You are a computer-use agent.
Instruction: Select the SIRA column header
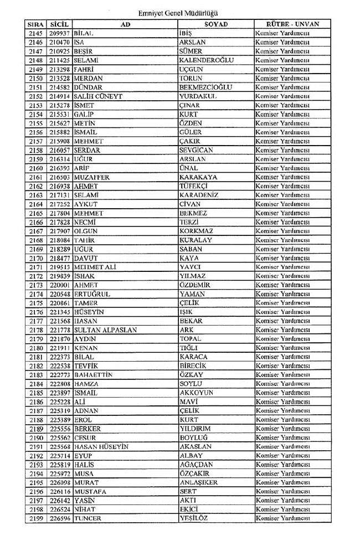click(x=35, y=24)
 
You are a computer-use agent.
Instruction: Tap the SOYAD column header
click(x=216, y=24)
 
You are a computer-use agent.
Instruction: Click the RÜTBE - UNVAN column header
click(x=292, y=24)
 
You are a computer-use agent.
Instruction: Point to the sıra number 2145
click(x=35, y=33)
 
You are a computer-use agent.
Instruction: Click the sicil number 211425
click(x=59, y=60)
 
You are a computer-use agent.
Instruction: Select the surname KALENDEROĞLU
click(x=207, y=60)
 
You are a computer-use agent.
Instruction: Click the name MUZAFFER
click(x=91, y=177)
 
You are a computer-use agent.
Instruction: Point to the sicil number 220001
click(x=59, y=285)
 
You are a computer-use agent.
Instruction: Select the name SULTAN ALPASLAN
click(x=105, y=330)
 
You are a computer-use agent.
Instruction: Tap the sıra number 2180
click(x=35, y=348)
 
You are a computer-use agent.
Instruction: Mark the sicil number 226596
click(x=59, y=518)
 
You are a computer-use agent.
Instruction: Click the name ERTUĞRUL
click(x=92, y=294)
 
